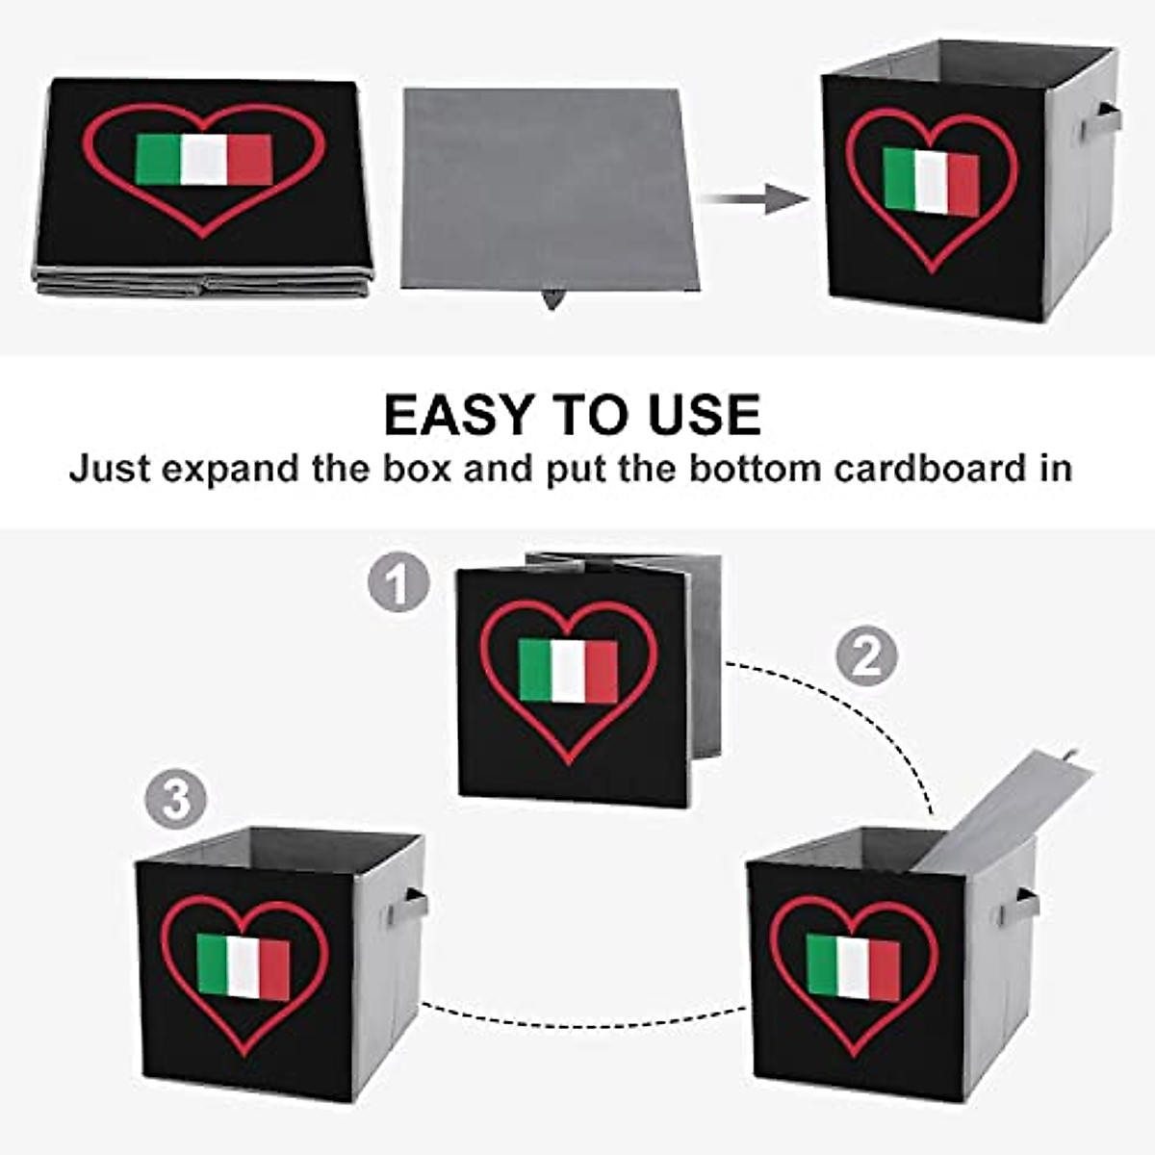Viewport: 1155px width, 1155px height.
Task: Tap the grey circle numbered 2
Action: coord(865,656)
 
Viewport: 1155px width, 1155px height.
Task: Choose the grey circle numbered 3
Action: coord(176,801)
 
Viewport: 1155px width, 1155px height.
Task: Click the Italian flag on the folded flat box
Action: coord(204,160)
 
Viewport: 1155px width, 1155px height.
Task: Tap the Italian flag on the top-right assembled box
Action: coord(931,182)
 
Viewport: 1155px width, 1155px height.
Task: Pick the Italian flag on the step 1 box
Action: coord(568,671)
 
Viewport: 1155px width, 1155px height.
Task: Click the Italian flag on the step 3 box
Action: coord(243,966)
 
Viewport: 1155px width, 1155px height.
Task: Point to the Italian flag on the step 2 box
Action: coord(853,966)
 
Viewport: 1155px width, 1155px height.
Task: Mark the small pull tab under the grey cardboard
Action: coord(551,299)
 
